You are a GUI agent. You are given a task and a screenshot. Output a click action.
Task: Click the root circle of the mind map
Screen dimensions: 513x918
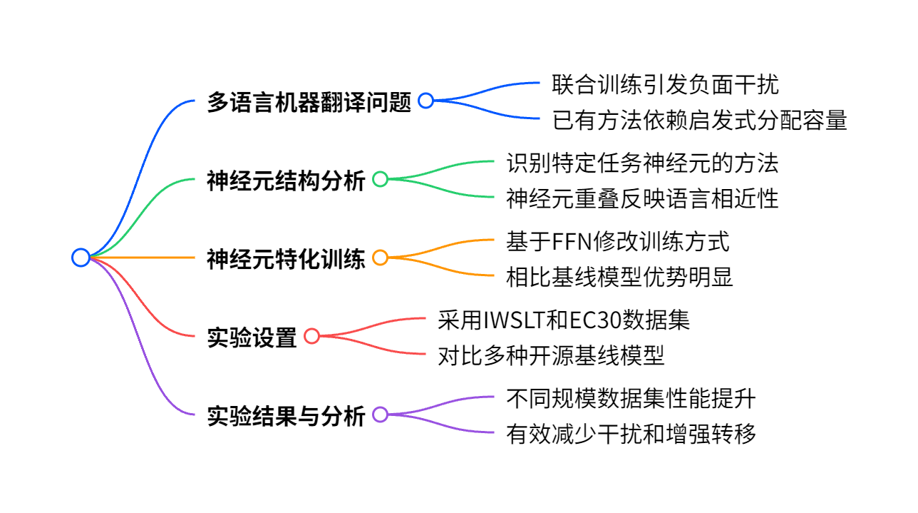pyautogui.click(x=81, y=258)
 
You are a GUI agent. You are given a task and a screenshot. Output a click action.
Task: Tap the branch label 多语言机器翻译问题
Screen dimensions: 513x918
pyautogui.click(x=309, y=102)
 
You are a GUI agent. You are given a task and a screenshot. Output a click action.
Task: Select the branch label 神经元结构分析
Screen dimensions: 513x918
pyautogui.click(x=286, y=181)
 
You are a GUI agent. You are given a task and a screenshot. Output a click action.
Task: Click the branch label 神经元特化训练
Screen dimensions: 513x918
pyautogui.click(x=286, y=259)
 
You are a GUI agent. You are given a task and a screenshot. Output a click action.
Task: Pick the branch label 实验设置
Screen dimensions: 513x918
pyautogui.click(x=252, y=337)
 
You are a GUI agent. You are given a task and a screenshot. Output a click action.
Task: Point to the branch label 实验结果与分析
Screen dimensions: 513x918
pyautogui.click(x=286, y=416)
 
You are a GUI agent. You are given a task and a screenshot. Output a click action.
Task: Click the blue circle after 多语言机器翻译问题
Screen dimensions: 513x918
pyautogui.click(x=426, y=101)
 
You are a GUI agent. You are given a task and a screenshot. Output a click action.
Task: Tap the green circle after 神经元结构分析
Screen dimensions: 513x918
pyautogui.click(x=380, y=179)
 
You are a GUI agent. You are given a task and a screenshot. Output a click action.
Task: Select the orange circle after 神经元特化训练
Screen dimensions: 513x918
pyautogui.click(x=380, y=258)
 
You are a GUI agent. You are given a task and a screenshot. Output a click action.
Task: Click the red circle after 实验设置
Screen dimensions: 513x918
pyautogui.click(x=311, y=336)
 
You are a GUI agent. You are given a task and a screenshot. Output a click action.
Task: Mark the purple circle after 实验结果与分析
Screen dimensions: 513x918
pyautogui.click(x=380, y=415)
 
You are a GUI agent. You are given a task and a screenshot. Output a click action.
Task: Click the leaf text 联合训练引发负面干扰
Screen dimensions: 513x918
pyautogui.click(x=665, y=84)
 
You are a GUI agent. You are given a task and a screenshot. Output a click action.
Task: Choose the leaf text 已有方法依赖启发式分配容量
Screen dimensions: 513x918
pyautogui.click(x=699, y=121)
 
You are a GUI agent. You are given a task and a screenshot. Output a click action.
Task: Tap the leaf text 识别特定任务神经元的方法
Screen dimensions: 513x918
pyautogui.click(x=642, y=163)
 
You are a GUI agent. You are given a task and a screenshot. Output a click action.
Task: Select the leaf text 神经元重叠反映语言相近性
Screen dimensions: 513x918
pyautogui.click(x=642, y=199)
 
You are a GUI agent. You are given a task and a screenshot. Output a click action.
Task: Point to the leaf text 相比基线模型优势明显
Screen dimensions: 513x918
pyautogui.click(x=619, y=278)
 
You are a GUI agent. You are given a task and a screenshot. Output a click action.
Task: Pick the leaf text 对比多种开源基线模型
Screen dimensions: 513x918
pyautogui.click(x=551, y=356)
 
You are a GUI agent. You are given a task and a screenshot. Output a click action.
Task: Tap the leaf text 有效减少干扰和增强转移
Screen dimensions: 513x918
pyautogui.click(x=631, y=435)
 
